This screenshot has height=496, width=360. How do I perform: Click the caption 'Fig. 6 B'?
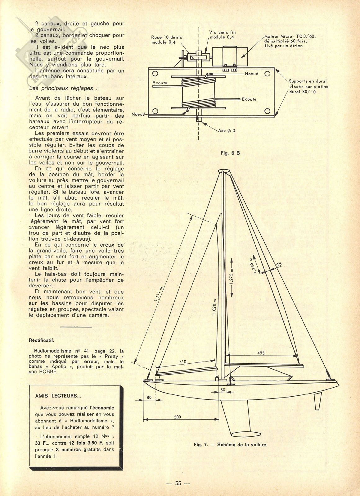[x=230, y=153]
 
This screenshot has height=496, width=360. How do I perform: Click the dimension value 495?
[x=261, y=353]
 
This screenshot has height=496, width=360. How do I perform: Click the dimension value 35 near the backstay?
[x=279, y=264]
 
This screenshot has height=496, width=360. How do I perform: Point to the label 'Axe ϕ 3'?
[x=227, y=130]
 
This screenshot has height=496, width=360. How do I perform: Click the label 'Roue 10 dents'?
[x=167, y=37]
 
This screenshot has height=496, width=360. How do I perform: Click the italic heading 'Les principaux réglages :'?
[x=63, y=88]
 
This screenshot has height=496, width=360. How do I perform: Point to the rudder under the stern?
[x=318, y=400]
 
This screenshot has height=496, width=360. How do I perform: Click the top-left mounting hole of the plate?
[x=155, y=74]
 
